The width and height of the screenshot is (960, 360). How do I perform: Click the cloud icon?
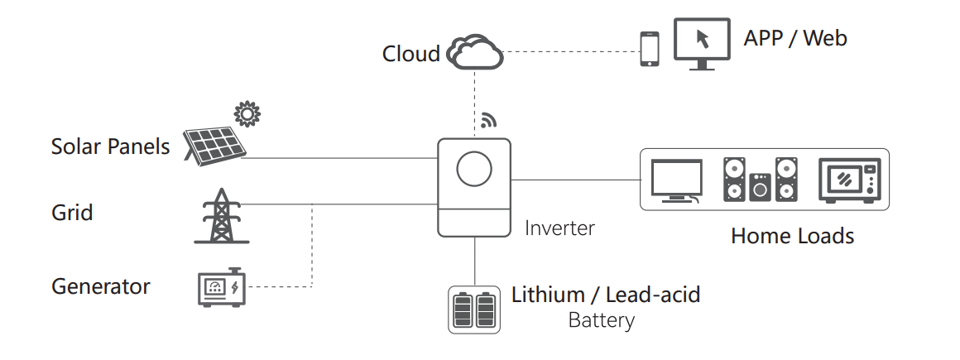(475, 52)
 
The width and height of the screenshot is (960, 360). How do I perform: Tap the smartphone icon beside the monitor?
(650, 49)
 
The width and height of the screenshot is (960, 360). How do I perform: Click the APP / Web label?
(794, 38)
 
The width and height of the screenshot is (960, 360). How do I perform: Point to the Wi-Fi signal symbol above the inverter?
(487, 121)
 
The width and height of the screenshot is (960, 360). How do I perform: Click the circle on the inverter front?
(474, 170)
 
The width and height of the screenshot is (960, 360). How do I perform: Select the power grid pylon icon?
(221, 216)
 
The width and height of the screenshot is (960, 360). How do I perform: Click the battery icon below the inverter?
(474, 310)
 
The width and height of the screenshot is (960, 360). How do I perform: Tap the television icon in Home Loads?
(676, 180)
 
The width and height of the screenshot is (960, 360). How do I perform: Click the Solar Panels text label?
(110, 147)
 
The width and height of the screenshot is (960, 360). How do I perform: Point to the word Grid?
(72, 213)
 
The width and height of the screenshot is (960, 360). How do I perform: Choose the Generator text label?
(101, 287)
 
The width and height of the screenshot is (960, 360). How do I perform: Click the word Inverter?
(559, 228)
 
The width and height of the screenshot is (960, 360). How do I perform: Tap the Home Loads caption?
(792, 236)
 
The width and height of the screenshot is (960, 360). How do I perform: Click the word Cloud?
(410, 54)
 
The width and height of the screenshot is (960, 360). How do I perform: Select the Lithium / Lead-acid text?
(606, 294)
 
